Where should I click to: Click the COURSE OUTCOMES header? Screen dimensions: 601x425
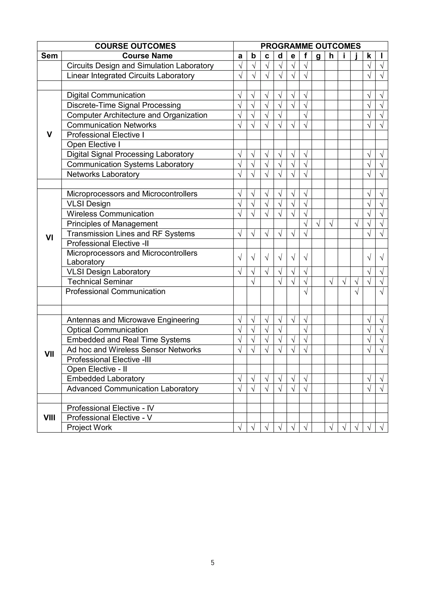[x=135, y=46]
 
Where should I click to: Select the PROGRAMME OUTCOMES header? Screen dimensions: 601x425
[x=311, y=46]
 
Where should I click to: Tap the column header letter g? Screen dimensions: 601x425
[x=318, y=56]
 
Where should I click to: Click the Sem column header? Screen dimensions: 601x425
[x=49, y=56]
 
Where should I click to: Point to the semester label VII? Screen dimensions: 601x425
[x=49, y=354]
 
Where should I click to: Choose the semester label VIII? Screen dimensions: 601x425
[x=49, y=418]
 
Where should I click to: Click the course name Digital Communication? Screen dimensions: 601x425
[x=106, y=95]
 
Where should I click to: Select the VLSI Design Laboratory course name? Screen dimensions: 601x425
[x=108, y=272]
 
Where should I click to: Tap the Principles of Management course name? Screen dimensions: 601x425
[x=112, y=224]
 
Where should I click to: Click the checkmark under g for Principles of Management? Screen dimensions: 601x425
[x=318, y=224]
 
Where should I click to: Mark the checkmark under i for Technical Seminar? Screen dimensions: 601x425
[x=344, y=282]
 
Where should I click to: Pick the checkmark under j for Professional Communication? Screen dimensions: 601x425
[x=356, y=292]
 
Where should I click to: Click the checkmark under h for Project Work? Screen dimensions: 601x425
[x=331, y=427]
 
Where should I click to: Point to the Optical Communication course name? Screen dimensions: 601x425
[x=107, y=330]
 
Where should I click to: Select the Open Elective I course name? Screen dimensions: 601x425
[x=93, y=145]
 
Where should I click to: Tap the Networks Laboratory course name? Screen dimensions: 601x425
[x=103, y=174]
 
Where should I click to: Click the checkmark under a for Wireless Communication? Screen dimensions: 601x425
[x=240, y=214]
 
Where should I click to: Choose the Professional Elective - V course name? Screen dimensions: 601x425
[x=109, y=418]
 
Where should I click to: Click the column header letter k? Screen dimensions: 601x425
[x=369, y=56]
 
